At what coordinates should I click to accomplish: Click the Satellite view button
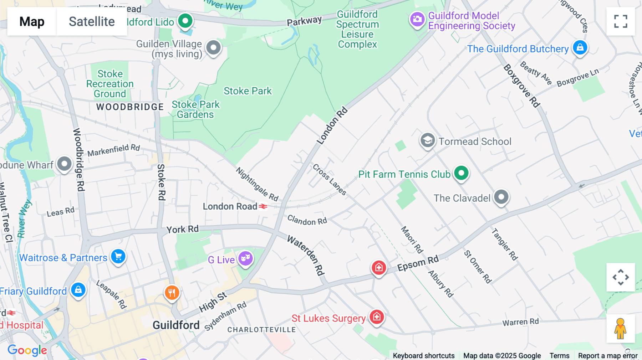tap(92, 21)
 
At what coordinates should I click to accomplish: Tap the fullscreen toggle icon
tap(621, 21)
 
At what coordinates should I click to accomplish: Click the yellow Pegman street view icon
tap(620, 329)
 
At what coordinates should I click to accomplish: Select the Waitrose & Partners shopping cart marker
tap(118, 256)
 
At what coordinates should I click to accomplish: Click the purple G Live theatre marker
tap(245, 258)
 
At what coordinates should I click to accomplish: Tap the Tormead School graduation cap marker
tap(427, 140)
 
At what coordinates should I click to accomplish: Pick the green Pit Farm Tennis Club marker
tap(461, 173)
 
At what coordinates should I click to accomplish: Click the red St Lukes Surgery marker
tap(377, 317)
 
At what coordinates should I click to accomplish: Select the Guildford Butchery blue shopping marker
tap(580, 47)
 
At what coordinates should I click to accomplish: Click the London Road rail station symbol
tap(263, 206)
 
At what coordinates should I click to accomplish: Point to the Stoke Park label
tap(248, 91)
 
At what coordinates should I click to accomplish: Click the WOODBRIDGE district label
tap(130, 107)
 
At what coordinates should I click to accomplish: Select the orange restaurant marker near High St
tap(172, 293)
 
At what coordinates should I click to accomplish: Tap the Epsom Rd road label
tap(418, 264)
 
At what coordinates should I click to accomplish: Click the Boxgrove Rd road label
tap(521, 86)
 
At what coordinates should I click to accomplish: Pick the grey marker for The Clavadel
tap(501, 197)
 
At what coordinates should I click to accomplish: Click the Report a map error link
tap(607, 356)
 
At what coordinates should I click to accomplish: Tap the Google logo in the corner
tap(27, 350)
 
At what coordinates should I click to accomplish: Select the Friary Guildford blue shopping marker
tap(78, 290)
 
